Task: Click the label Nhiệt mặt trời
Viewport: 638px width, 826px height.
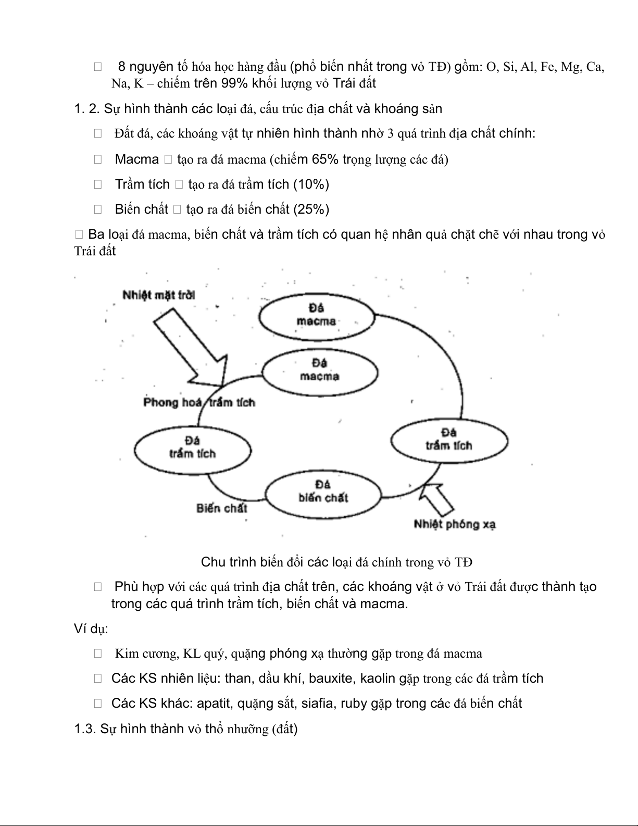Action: tap(159, 295)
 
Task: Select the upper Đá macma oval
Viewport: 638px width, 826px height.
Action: tap(317, 316)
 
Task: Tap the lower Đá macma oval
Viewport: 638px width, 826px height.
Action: tap(319, 371)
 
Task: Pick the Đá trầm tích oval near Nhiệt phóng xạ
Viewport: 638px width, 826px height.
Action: tap(449, 440)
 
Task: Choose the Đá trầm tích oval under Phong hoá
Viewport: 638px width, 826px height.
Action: tap(192, 448)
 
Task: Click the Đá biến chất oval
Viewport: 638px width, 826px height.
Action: tap(323, 492)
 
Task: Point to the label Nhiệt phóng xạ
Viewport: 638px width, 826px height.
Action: tap(455, 524)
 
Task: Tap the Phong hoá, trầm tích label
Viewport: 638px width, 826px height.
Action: tap(199, 402)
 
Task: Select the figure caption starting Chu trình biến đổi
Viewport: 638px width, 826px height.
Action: tap(336, 562)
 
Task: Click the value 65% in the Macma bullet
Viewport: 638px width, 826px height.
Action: tap(326, 159)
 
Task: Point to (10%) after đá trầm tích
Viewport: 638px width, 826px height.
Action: tap(311, 184)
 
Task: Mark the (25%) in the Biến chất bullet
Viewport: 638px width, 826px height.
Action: tap(311, 209)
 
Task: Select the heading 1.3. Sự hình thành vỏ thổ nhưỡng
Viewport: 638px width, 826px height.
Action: tap(185, 729)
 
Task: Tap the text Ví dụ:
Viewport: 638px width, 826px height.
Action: tap(91, 628)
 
